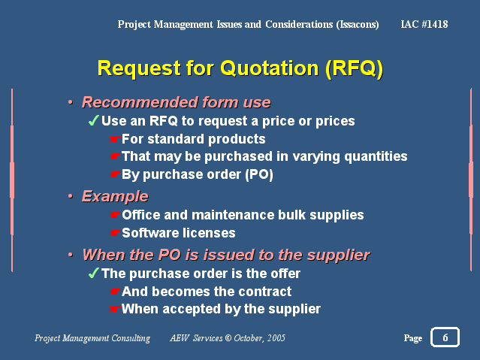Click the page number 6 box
click(445, 337)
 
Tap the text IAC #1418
click(424, 24)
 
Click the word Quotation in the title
click(270, 68)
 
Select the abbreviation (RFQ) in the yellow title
click(355, 68)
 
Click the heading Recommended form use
click(176, 102)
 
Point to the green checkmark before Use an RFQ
click(93, 120)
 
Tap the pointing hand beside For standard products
click(114, 139)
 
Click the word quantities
click(376, 156)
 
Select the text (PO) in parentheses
click(259, 174)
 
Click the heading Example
click(115, 196)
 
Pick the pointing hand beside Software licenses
click(114, 234)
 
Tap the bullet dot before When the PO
click(71, 255)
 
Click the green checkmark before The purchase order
click(93, 273)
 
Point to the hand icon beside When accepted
click(114, 309)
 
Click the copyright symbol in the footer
click(228, 338)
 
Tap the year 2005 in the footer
click(276, 338)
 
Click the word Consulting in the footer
click(131, 338)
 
